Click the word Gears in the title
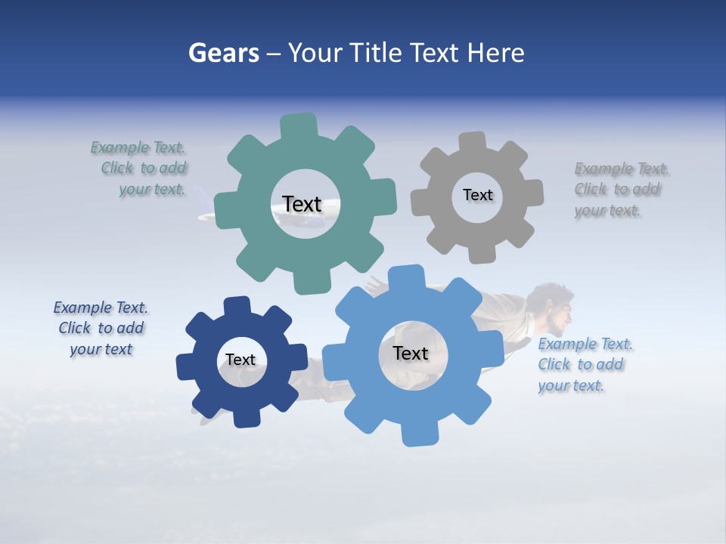(223, 53)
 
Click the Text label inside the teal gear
(302, 204)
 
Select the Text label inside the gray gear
(477, 195)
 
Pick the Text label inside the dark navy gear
(240, 360)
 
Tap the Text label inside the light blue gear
(411, 353)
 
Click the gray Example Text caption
(620, 190)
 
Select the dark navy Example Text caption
(101, 329)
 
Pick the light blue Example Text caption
(584, 365)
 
